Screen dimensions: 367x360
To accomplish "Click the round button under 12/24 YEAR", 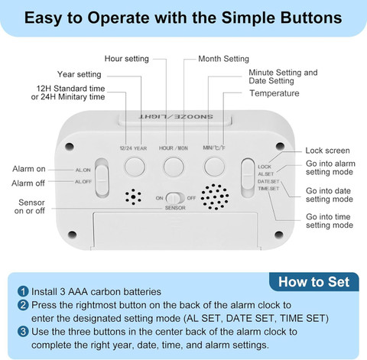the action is [135, 167].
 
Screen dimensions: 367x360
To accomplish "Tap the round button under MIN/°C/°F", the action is [214, 167].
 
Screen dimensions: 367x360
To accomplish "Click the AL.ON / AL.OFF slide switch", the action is [102, 178].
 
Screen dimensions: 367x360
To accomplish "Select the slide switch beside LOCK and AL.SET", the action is [248, 177].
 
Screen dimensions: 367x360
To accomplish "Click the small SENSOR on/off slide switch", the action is [175, 198].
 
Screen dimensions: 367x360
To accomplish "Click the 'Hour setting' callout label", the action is [127, 59].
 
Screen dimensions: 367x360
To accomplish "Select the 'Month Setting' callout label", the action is [223, 59].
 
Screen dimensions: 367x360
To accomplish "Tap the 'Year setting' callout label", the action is [80, 74].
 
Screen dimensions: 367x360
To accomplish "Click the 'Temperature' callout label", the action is [274, 93].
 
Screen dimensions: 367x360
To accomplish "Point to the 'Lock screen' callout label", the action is [327, 151].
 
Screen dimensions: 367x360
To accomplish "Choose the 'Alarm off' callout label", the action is [28, 183].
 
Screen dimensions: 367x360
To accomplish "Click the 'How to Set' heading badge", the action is [313, 282].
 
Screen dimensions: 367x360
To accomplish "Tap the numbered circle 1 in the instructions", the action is [23, 291].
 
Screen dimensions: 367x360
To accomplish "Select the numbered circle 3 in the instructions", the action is [23, 332].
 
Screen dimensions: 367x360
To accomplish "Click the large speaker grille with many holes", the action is [215, 197].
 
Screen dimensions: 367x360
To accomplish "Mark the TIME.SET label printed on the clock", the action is [268, 189].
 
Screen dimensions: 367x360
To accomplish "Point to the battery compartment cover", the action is [176, 231].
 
